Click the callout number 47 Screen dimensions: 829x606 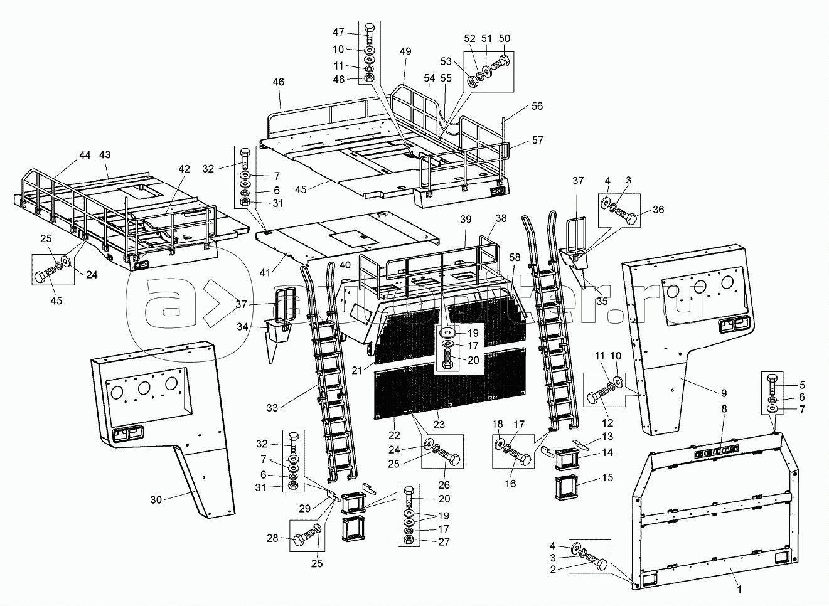[339, 32]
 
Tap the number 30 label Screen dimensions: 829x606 [156, 500]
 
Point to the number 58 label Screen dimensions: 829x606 [514, 257]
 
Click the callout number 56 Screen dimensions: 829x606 [537, 106]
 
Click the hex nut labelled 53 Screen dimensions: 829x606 [473, 81]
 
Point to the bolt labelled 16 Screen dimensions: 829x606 [520, 456]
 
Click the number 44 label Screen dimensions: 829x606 [85, 155]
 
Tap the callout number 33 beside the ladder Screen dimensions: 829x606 [272, 408]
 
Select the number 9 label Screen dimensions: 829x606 [724, 393]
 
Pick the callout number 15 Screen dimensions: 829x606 [607, 477]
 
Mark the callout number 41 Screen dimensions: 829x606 [265, 273]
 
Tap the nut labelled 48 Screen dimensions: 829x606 [368, 77]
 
